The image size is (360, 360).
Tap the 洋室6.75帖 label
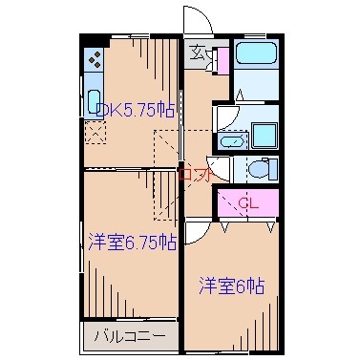[x=132, y=242]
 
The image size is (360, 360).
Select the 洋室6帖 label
[x=232, y=285]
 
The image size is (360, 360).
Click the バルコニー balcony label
[x=131, y=336]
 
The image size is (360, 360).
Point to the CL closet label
[x=248, y=202]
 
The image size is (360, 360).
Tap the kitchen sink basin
[x=94, y=102]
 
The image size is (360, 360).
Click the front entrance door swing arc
[x=197, y=21]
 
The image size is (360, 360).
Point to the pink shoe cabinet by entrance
[x=222, y=60]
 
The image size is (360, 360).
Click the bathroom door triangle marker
[x=240, y=95]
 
